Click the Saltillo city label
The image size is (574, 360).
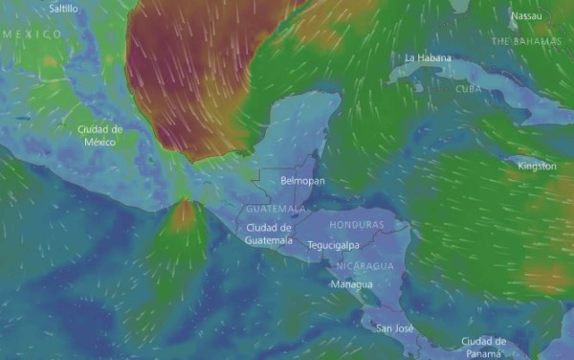(x=63, y=9)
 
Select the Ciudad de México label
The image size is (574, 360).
(x=99, y=135)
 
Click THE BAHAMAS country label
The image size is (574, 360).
(x=525, y=42)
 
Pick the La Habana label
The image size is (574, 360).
(x=428, y=57)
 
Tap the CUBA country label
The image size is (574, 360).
(x=468, y=88)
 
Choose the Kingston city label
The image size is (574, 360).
(x=536, y=166)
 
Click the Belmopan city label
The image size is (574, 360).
(x=302, y=180)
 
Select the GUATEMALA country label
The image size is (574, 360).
(x=276, y=209)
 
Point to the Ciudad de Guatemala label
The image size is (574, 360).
(x=268, y=234)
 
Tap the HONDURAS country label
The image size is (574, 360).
(x=355, y=224)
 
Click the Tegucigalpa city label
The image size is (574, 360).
(x=335, y=245)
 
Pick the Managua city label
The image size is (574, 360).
(x=349, y=285)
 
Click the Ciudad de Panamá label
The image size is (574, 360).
(x=482, y=346)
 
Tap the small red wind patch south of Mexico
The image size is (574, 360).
(x=183, y=216)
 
